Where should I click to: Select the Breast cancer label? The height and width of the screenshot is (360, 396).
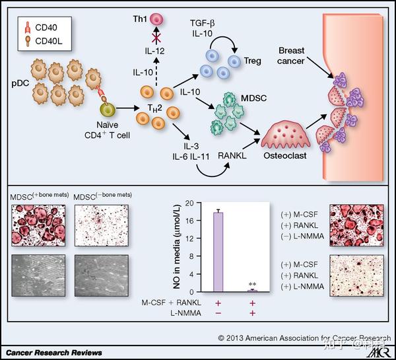(291, 57)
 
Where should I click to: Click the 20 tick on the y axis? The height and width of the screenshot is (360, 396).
(190, 203)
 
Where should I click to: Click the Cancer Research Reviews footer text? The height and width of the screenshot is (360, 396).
(51, 353)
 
